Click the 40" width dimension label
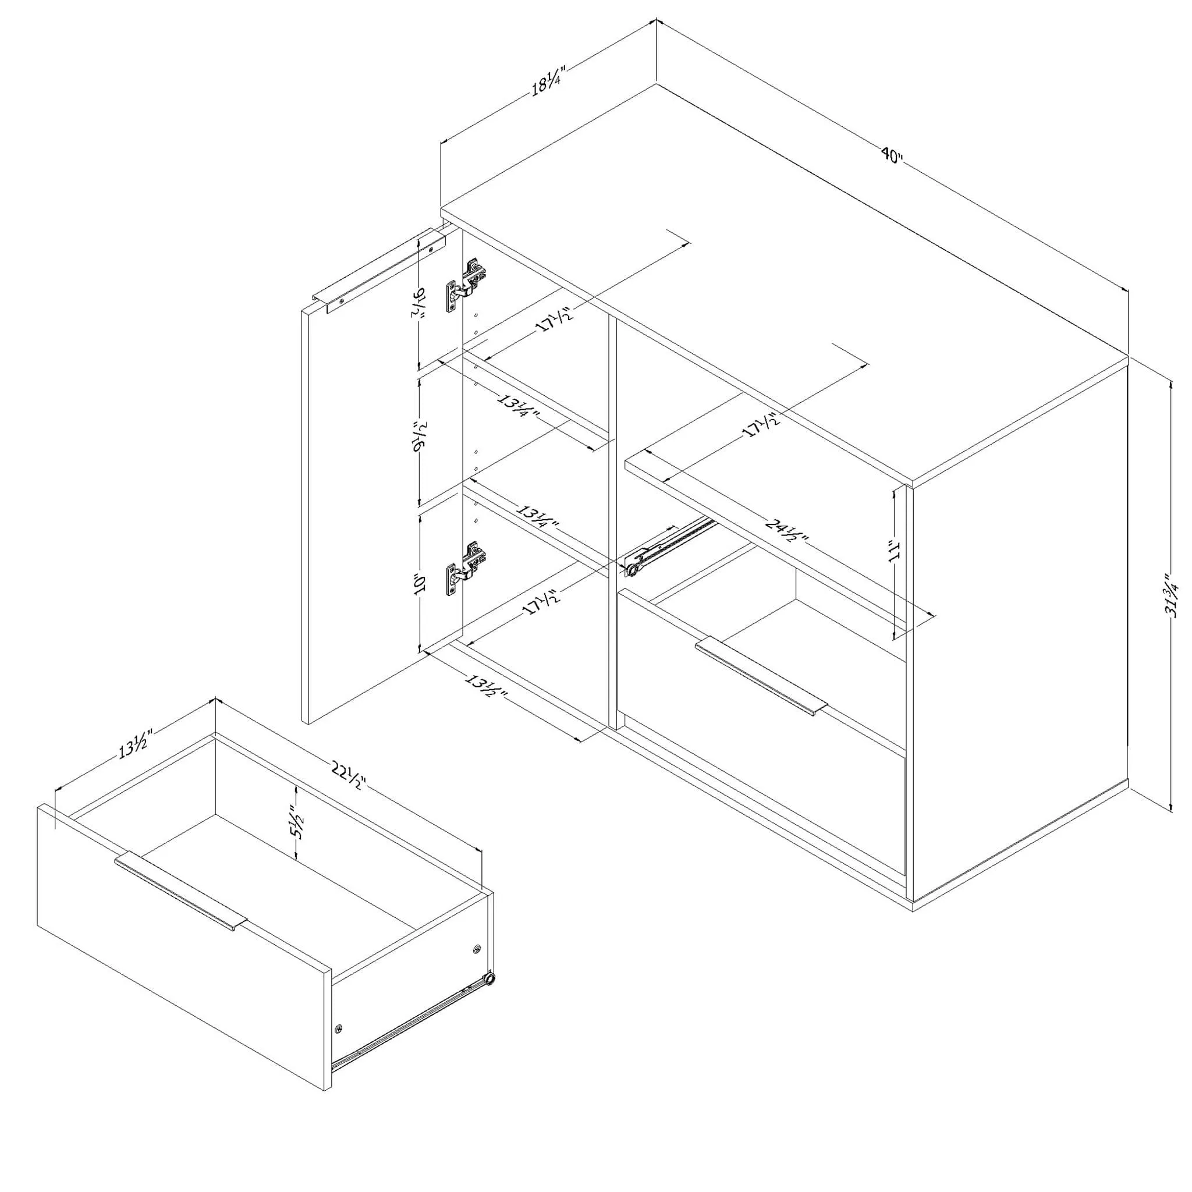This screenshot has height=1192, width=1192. [892, 155]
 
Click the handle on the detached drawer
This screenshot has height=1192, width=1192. [180, 891]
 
